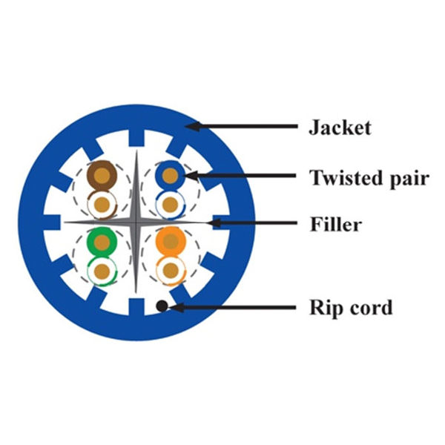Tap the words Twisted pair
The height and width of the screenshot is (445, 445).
click(369, 177)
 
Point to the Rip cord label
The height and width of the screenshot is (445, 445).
click(350, 306)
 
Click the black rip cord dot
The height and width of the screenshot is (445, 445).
click(161, 306)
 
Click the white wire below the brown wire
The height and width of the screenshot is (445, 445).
click(100, 202)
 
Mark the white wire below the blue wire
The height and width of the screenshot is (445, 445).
click(170, 203)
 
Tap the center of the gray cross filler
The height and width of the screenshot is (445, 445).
click(136, 222)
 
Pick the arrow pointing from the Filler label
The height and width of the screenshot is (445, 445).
click(252, 222)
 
